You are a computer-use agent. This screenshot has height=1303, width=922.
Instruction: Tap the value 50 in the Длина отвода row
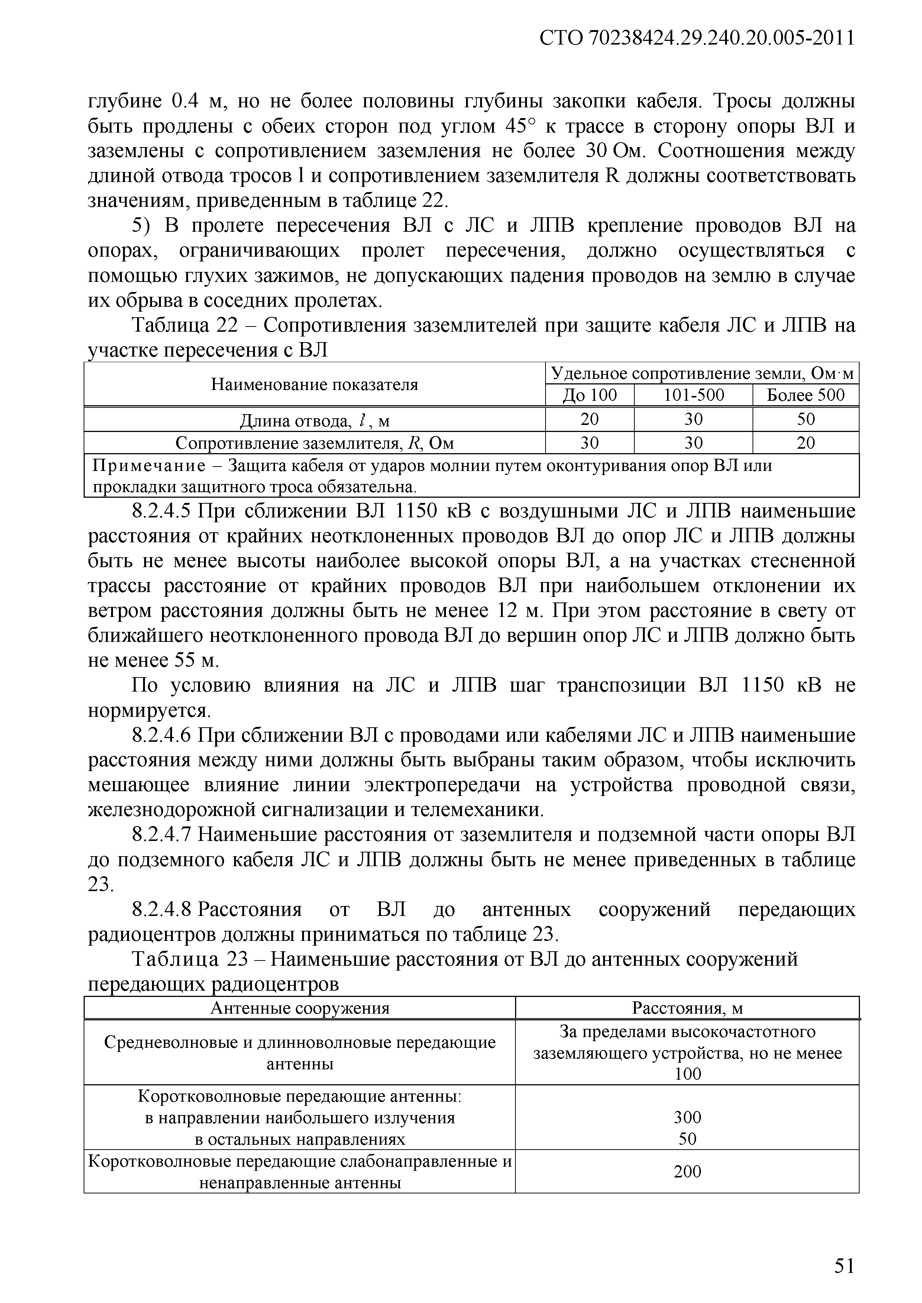click(x=806, y=419)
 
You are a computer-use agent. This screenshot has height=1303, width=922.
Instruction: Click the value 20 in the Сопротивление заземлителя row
click(x=806, y=443)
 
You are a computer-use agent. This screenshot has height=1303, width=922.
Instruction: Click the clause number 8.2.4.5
click(x=164, y=511)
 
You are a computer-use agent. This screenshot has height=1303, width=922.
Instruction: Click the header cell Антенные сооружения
click(x=300, y=1008)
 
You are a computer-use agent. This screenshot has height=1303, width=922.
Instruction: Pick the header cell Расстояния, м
click(x=688, y=1008)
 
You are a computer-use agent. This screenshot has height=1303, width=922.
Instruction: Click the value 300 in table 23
click(x=688, y=1117)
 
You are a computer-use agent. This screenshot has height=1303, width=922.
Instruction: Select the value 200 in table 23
click(x=688, y=1172)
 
